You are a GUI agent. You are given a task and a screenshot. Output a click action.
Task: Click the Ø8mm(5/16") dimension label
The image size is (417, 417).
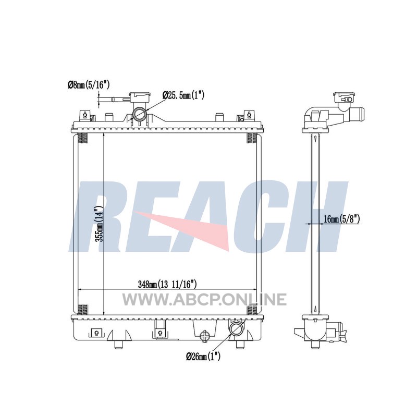point(89,85)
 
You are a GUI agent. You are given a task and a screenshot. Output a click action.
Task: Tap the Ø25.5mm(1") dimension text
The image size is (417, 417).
point(183,95)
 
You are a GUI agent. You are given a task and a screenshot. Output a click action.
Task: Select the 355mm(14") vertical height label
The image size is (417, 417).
point(99,224)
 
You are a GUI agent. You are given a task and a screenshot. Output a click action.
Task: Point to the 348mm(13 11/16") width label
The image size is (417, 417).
point(167,284)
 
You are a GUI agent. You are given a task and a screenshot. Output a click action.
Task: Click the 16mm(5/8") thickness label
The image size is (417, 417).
point(342,219)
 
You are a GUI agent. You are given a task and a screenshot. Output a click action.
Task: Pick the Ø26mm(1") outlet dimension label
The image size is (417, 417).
point(203,356)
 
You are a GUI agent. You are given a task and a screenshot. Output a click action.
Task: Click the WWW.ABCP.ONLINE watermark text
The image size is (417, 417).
point(204,299)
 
